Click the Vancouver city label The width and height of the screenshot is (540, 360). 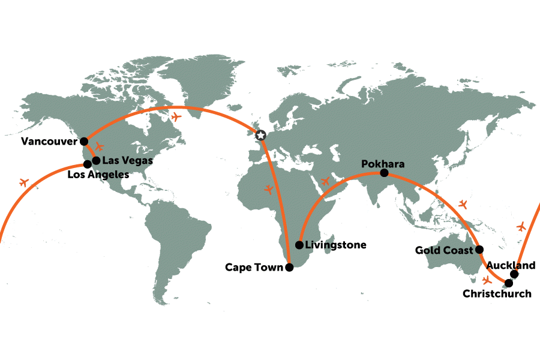click(x=49, y=142)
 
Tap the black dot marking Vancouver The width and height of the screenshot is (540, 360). click(x=84, y=142)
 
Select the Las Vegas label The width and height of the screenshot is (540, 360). click(x=128, y=161)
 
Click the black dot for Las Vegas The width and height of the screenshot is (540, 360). click(x=96, y=160)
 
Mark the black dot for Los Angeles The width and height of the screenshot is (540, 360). click(x=88, y=164)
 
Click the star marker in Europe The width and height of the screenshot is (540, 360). click(x=260, y=136)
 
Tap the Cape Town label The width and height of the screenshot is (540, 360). click(x=254, y=268)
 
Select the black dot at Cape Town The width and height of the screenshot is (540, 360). click(x=289, y=268)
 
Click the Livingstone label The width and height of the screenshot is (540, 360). click(x=335, y=245)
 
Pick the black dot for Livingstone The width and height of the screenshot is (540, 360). click(x=299, y=245)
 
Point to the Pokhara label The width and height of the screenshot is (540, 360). click(x=383, y=164)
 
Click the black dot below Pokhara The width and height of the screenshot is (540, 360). click(x=384, y=173)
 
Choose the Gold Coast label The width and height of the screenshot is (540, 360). click(x=444, y=250)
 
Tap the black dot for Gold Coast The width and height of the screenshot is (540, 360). click(x=479, y=250)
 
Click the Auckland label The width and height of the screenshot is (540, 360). click(x=511, y=265)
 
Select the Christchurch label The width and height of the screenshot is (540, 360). click(x=497, y=294)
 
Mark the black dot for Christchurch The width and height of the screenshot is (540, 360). click(x=509, y=283)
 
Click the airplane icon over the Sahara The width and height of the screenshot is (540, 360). click(x=269, y=190)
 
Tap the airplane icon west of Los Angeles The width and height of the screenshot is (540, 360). click(x=24, y=182)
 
